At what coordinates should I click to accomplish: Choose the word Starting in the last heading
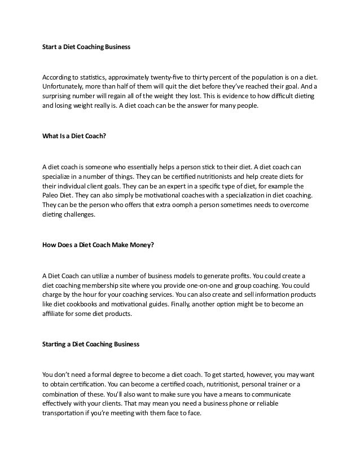[x=55, y=344]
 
